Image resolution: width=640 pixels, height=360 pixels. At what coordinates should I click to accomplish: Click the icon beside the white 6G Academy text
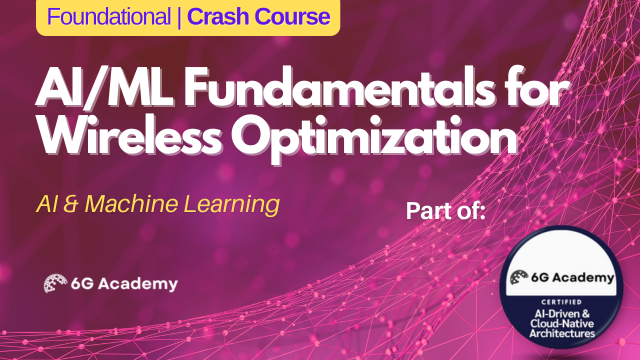pos(56,283)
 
